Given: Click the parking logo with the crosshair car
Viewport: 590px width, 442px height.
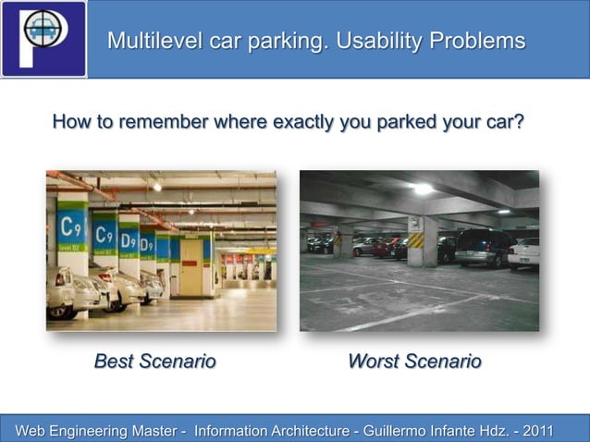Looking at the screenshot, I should [43, 38].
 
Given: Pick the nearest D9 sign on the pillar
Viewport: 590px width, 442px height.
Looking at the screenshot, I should [129, 242].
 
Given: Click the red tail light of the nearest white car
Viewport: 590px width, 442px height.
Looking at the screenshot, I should [59, 278].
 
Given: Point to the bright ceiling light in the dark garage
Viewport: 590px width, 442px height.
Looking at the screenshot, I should [424, 189].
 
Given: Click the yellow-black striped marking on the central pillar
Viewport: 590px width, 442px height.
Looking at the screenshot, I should [416, 240].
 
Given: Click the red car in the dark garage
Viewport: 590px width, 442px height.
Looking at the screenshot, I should [389, 247].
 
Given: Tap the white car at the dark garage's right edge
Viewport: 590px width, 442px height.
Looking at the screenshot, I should [524, 252].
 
